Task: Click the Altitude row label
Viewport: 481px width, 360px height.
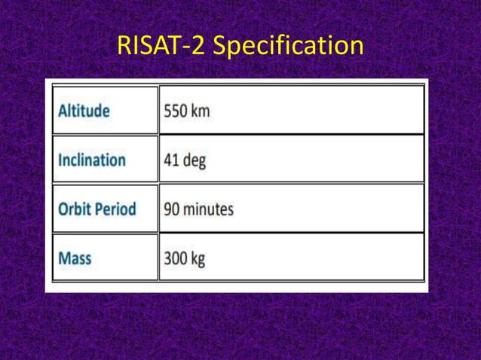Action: (84, 111)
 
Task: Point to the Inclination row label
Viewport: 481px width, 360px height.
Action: (92, 160)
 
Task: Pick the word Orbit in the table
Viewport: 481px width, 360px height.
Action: (75, 209)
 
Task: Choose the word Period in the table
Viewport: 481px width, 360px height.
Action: (116, 209)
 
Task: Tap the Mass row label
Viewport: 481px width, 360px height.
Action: (75, 258)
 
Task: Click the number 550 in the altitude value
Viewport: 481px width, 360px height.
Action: (176, 111)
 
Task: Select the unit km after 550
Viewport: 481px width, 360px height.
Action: (201, 111)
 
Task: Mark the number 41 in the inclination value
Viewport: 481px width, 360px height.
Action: (171, 160)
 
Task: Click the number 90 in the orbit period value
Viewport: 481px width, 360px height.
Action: (172, 209)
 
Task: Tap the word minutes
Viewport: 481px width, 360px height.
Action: (209, 209)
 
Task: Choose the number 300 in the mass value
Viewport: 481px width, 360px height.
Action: (176, 258)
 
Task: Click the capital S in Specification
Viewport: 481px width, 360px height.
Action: (222, 46)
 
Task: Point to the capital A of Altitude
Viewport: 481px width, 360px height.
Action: (63, 111)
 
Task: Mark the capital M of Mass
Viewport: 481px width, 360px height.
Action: (65, 258)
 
